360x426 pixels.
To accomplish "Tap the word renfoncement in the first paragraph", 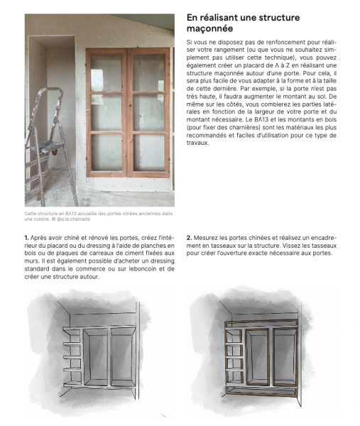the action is (273, 44).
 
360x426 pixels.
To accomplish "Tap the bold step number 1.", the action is (26, 237).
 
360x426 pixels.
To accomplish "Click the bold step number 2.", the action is (189, 237).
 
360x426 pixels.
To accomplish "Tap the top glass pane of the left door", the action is (107, 72).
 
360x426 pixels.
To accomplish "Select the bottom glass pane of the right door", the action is (149, 152).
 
